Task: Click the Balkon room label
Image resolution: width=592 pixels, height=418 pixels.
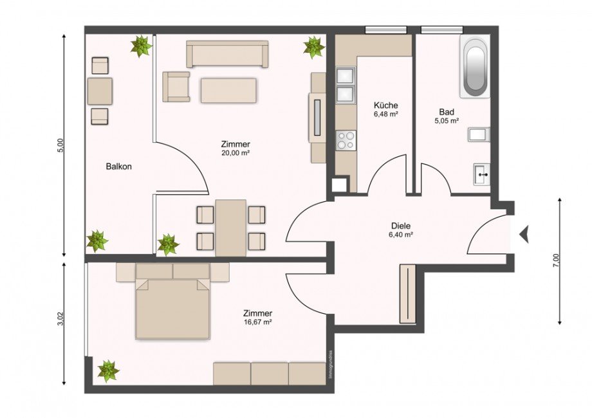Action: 119,167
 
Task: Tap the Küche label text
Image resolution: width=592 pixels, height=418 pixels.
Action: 385,105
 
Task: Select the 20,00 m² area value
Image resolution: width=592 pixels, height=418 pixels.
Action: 235,153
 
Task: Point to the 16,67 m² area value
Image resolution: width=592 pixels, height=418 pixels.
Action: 257,322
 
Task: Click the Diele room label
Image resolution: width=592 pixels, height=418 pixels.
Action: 401,226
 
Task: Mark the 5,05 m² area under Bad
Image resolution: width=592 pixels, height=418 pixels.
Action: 446,120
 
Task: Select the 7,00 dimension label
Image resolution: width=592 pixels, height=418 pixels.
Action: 557,260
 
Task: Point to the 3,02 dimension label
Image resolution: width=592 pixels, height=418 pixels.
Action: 60,320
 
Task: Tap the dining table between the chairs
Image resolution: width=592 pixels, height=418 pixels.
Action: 230,228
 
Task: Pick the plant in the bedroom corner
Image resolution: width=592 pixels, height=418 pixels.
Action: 107,370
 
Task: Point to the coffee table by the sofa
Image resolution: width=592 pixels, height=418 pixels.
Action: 228,90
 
